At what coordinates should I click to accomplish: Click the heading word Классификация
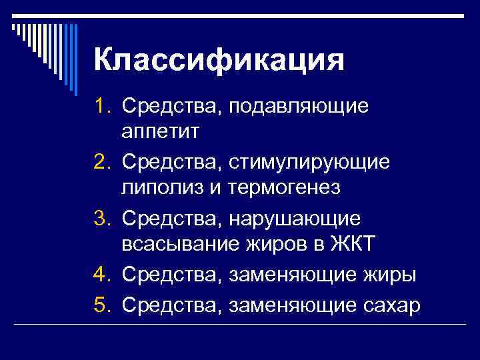pos(219,61)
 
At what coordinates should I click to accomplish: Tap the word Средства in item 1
pos(173,107)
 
